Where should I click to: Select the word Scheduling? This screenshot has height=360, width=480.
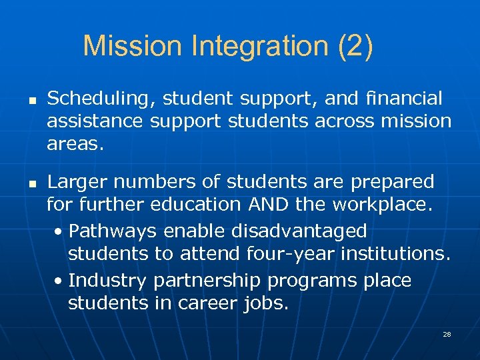(93, 99)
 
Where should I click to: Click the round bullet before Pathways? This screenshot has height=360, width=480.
(59, 232)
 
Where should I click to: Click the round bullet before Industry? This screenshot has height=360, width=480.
(59, 281)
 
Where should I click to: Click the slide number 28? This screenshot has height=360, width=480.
(447, 333)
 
